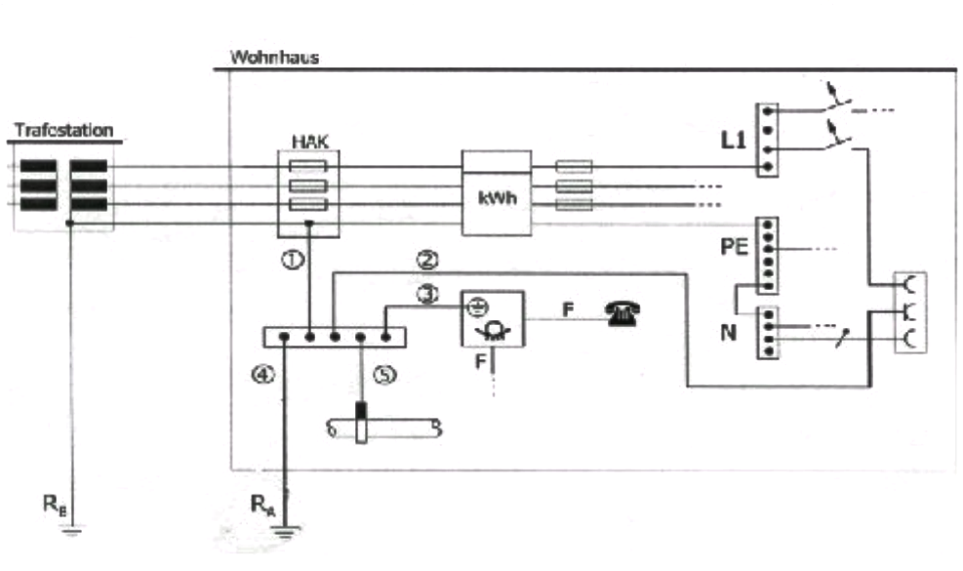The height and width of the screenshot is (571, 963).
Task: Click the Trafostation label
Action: (x=64, y=130)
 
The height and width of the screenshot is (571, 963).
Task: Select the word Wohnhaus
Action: (x=274, y=58)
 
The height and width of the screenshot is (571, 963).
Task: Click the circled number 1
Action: (x=290, y=260)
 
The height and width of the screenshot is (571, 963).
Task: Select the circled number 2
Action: (x=426, y=261)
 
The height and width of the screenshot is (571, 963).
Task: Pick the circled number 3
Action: (x=427, y=294)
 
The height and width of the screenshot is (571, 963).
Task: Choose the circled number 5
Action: (x=387, y=372)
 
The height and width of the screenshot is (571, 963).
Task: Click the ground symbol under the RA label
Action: (x=284, y=533)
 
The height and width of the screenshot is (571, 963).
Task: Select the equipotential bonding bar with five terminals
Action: (x=334, y=338)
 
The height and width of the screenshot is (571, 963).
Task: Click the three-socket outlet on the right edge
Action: (x=909, y=312)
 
